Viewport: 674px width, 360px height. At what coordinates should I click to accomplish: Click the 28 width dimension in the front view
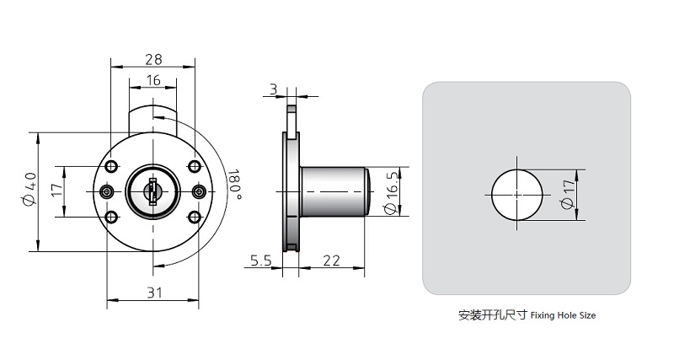click(153, 59)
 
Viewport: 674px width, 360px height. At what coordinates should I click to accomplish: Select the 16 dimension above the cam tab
click(153, 80)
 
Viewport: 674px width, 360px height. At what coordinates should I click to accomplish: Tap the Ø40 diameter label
click(30, 191)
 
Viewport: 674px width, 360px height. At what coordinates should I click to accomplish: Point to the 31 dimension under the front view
click(153, 293)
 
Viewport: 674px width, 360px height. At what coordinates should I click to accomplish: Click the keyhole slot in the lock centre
click(152, 191)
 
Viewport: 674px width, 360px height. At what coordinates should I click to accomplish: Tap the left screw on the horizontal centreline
click(107, 192)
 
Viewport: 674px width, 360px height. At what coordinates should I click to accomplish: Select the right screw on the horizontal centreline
click(199, 192)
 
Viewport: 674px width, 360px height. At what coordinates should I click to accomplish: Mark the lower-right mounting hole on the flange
click(194, 218)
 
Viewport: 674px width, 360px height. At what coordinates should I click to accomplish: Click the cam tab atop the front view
click(152, 115)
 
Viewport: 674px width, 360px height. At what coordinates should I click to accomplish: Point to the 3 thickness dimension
click(273, 89)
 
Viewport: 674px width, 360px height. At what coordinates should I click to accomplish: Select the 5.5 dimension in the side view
click(260, 261)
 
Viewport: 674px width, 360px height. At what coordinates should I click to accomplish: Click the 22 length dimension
click(331, 261)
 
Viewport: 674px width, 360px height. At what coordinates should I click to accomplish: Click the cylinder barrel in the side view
click(333, 192)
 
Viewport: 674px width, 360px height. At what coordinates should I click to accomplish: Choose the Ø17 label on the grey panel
click(570, 194)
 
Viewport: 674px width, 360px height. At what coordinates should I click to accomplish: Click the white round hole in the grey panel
click(516, 194)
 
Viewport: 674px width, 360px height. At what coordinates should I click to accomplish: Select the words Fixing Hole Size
click(563, 316)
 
